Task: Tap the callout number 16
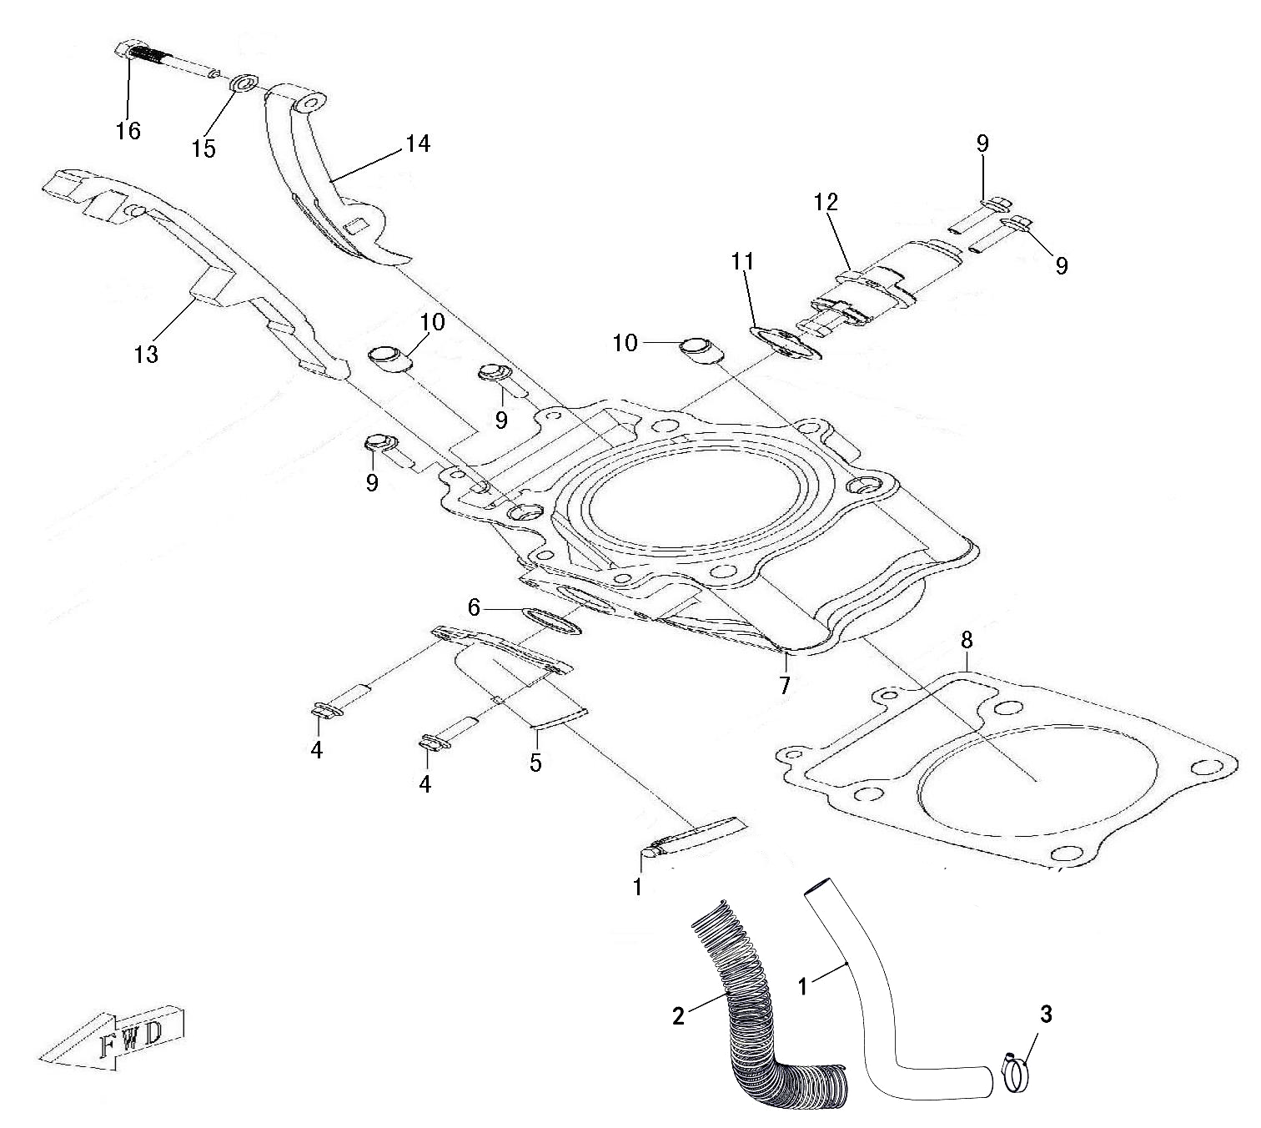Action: point(128,131)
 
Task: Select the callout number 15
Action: point(204,149)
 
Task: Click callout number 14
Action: point(419,144)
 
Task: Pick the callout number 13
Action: point(146,355)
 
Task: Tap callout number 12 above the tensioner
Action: point(826,202)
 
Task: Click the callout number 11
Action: point(742,262)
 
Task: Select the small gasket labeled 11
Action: point(786,343)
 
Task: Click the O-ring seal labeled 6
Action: point(551,620)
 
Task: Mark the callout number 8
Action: point(966,640)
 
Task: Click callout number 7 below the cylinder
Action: point(785,686)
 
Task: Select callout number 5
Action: point(536,763)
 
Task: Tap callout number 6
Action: point(475,608)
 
